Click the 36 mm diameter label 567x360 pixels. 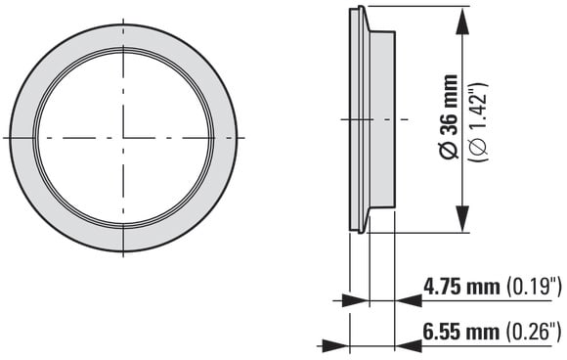(449, 116)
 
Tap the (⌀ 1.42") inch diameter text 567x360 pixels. (478, 122)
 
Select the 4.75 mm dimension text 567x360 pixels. (461, 287)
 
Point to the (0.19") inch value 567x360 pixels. (534, 287)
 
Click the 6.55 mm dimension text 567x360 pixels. (461, 332)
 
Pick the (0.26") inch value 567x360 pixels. (534, 332)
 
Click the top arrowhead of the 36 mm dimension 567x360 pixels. (462, 21)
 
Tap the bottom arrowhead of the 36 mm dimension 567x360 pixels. (462, 218)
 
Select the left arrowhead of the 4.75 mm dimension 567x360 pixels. (355, 300)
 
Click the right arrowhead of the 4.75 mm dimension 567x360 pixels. (409, 300)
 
